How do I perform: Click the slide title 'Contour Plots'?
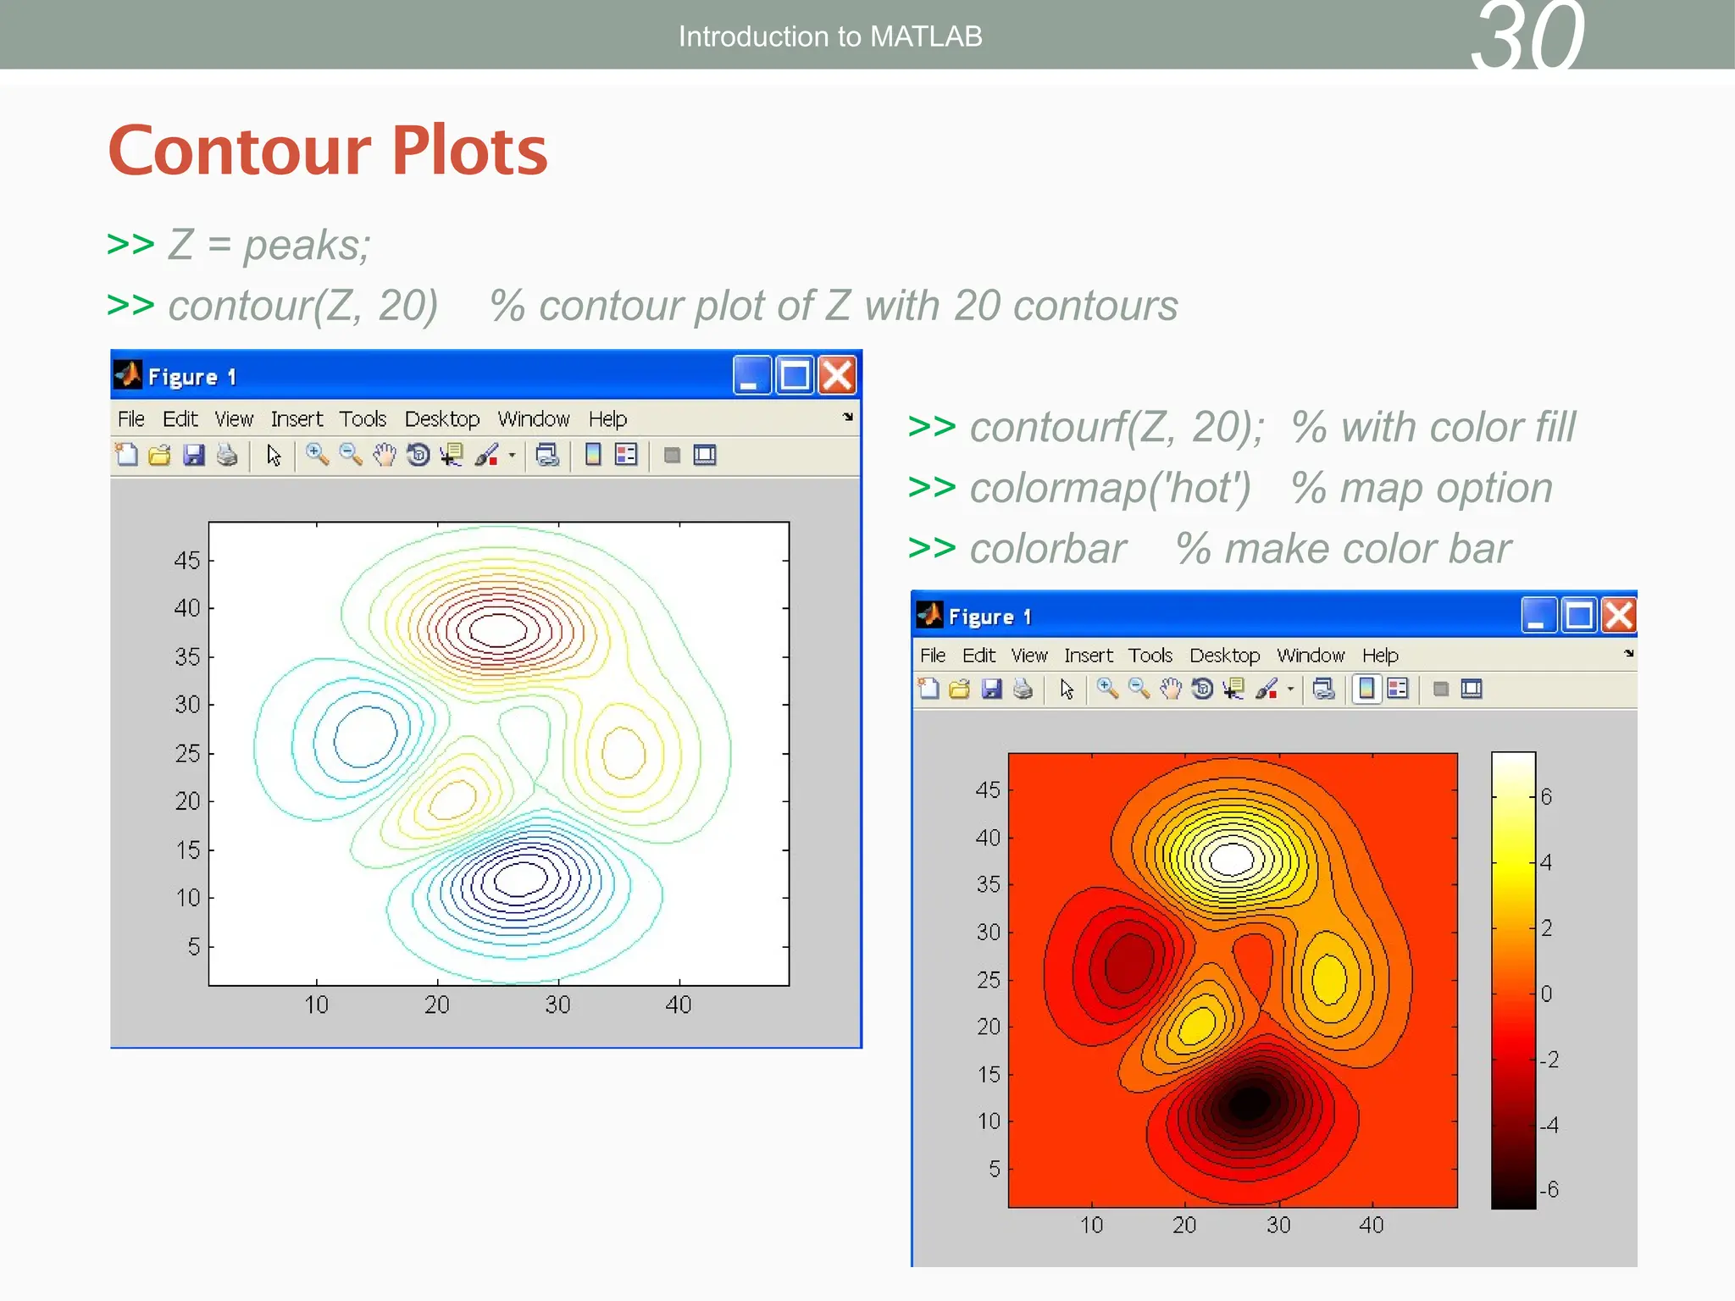pyautogui.click(x=328, y=151)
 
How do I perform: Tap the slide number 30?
pyautogui.click(x=1527, y=38)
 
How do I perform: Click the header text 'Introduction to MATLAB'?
pyautogui.click(x=829, y=36)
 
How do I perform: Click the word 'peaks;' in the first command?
pyautogui.click(x=307, y=246)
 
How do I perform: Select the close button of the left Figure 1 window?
pyautogui.click(x=838, y=375)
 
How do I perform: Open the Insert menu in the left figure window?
pyautogui.click(x=297, y=419)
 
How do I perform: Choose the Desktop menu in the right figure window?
pyautogui.click(x=1224, y=656)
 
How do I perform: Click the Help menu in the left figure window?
pyautogui.click(x=607, y=419)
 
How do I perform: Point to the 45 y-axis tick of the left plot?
pyautogui.click(x=187, y=560)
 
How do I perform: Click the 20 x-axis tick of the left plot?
pyautogui.click(x=437, y=1005)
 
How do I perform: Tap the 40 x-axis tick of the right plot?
pyautogui.click(x=1371, y=1225)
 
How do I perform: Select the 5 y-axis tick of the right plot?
pyautogui.click(x=995, y=1169)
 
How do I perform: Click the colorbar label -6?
pyautogui.click(x=1549, y=1189)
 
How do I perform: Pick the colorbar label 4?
pyautogui.click(x=1547, y=862)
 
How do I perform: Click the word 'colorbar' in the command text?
pyautogui.click(x=1048, y=549)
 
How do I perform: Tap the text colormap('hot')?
pyautogui.click(x=1110, y=489)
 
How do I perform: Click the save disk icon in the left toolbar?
pyautogui.click(x=194, y=456)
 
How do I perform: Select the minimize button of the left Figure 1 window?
pyautogui.click(x=751, y=375)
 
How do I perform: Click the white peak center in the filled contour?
pyautogui.click(x=1231, y=860)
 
